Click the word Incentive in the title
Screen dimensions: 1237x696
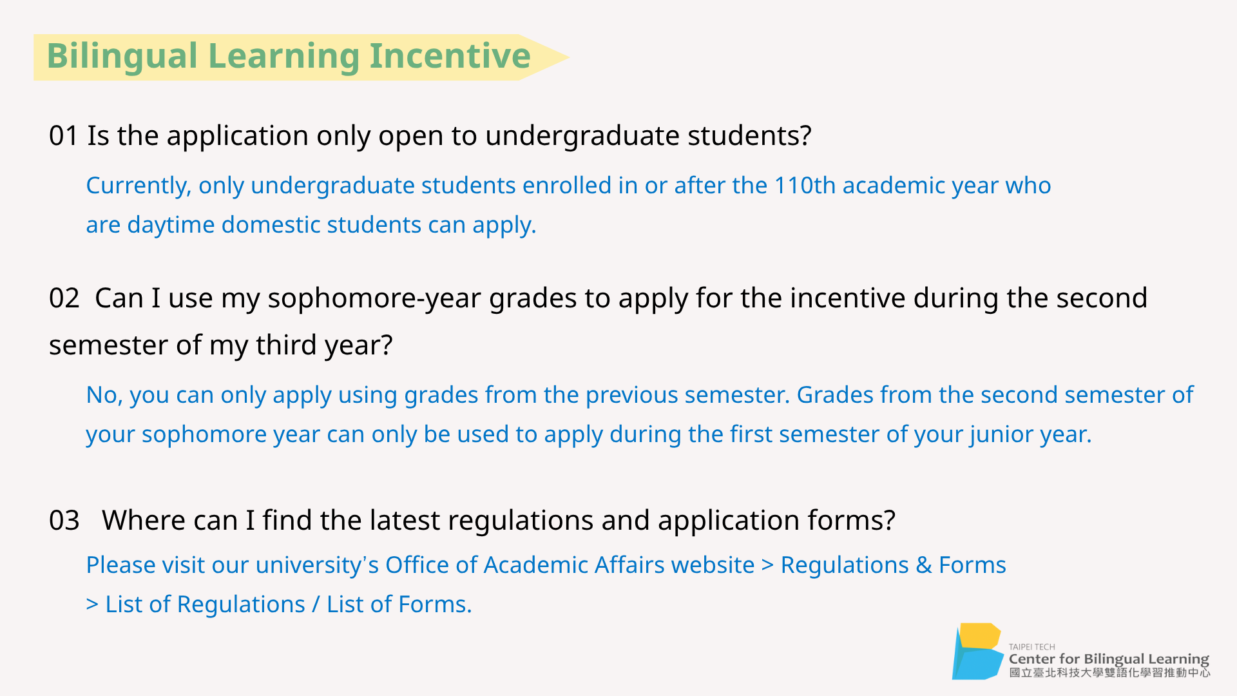coord(450,55)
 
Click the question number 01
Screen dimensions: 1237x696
coord(63,136)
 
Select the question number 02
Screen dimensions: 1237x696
coord(64,298)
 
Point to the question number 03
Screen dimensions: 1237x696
coord(64,521)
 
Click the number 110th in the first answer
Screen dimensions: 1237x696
coord(805,186)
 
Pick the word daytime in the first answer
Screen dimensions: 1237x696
coord(171,226)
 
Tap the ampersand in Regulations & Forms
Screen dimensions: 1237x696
coord(924,565)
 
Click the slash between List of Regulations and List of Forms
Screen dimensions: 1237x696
coord(316,604)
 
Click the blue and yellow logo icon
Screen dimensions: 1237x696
coord(977,652)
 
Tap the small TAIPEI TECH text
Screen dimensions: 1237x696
coord(1032,647)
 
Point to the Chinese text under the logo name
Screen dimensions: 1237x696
coord(1109,673)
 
